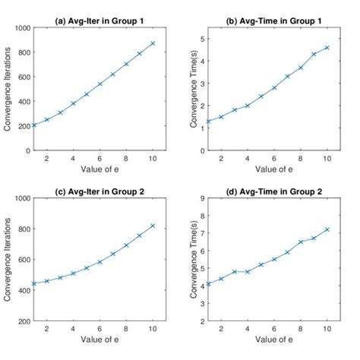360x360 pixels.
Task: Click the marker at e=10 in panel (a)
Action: click(153, 43)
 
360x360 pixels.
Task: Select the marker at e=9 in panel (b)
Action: click(314, 54)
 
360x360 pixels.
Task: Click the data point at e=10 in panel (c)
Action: click(153, 226)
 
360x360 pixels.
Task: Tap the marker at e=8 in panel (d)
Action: click(300, 242)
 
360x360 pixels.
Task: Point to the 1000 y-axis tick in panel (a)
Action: click(19, 28)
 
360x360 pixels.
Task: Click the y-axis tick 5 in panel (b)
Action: click(200, 39)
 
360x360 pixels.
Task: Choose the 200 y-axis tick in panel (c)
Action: click(21, 321)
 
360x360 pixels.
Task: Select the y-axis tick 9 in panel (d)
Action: click(200, 198)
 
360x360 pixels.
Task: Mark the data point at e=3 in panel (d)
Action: click(235, 271)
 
